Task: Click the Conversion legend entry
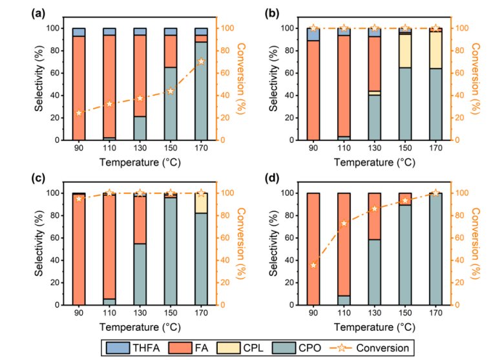pyautogui.click(x=385, y=347)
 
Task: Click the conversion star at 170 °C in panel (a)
pyautogui.click(x=201, y=61)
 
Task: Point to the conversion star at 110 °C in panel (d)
pyautogui.click(x=344, y=223)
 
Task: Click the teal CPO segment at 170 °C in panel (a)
pyautogui.click(x=201, y=90)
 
